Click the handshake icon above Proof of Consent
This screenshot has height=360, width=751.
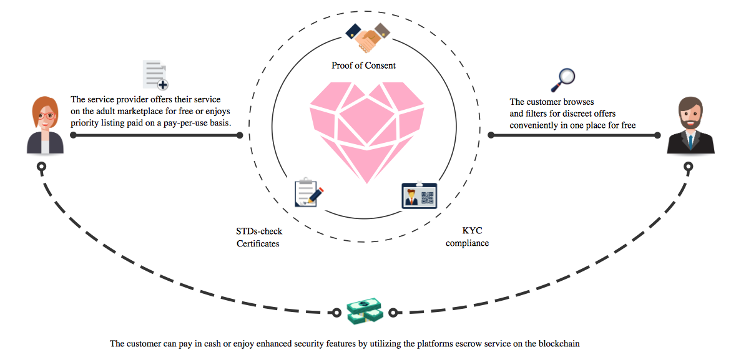click(x=364, y=38)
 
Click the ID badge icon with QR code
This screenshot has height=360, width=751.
click(x=420, y=195)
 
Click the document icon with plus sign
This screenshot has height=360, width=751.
click(x=155, y=75)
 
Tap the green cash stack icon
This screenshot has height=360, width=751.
click(x=364, y=311)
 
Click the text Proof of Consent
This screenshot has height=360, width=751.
click(x=363, y=65)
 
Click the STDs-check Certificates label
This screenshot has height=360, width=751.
click(x=258, y=238)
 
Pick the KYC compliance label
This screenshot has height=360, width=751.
click(x=467, y=237)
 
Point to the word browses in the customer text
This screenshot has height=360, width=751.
click(x=577, y=102)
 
